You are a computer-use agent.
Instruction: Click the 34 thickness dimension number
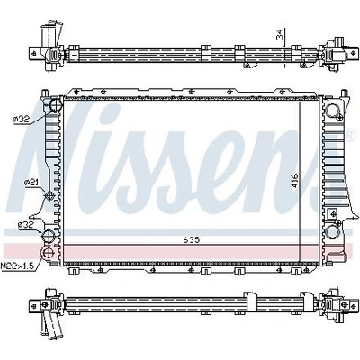click(x=281, y=36)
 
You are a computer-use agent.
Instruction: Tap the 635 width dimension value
click(x=192, y=239)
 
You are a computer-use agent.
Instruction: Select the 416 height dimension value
click(x=294, y=180)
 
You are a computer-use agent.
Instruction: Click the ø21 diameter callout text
click(x=31, y=182)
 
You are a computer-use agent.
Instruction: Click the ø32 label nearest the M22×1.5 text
click(x=25, y=225)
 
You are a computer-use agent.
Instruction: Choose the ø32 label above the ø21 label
click(x=22, y=119)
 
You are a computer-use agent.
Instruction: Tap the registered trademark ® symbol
click(x=349, y=135)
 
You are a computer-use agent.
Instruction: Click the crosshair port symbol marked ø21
click(x=49, y=196)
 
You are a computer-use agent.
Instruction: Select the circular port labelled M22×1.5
click(x=48, y=252)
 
